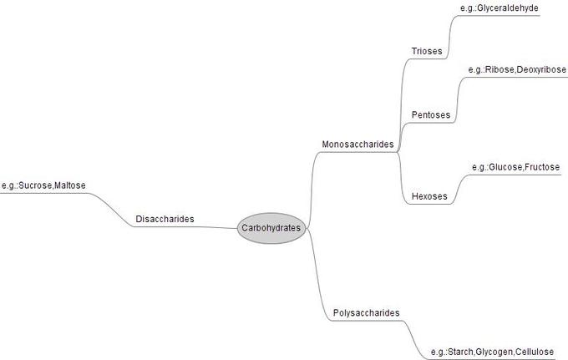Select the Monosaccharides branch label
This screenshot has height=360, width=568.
[358, 145]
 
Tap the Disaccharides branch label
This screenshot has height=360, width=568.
[165, 219]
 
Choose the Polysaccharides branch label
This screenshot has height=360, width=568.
[366, 313]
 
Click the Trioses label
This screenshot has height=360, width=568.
[427, 52]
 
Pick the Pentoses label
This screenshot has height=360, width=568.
[431, 114]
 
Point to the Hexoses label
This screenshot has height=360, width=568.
[429, 197]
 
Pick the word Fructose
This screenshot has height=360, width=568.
[542, 168]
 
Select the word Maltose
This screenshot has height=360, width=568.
[70, 185]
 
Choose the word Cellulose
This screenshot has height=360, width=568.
[535, 352]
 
